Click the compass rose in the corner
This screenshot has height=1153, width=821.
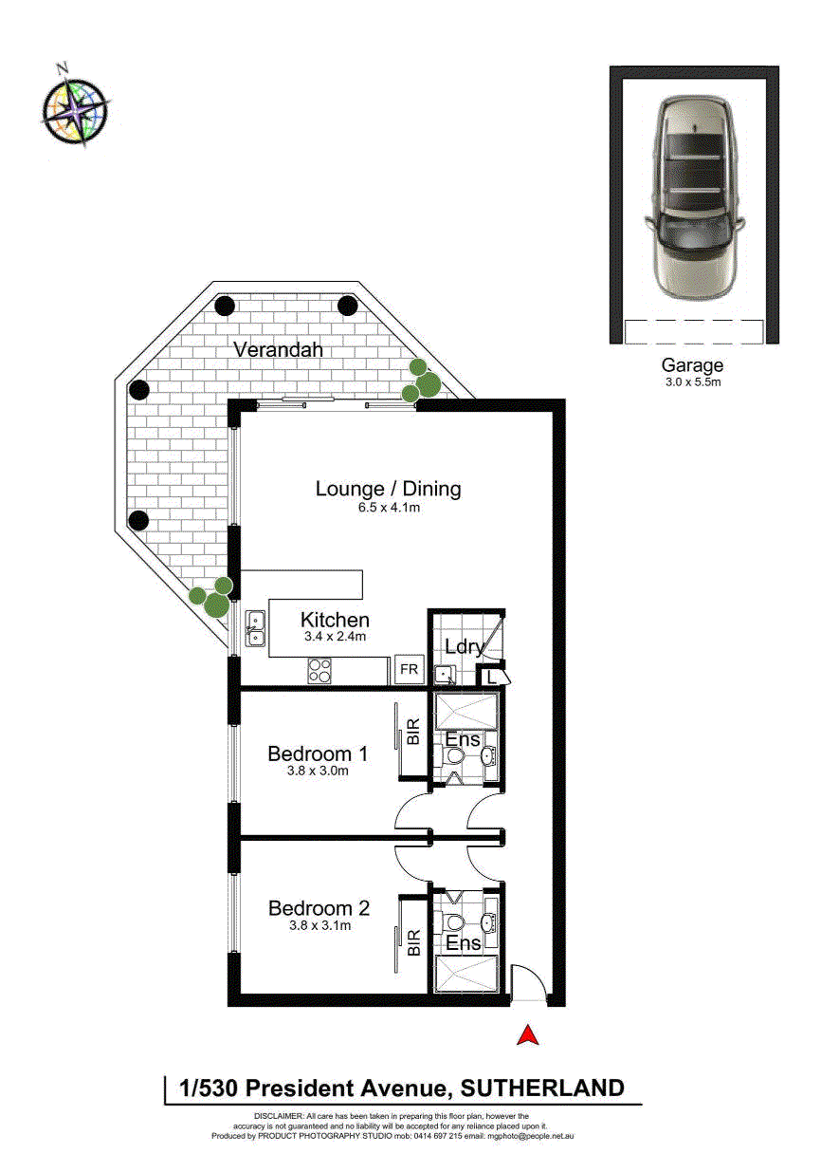tap(76, 108)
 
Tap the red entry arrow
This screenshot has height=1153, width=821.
tap(527, 1034)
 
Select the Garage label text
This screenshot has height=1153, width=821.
tap(692, 365)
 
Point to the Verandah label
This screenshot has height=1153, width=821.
tap(278, 350)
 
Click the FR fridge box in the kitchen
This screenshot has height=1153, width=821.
tap(410, 669)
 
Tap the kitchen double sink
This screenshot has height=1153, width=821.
tap(255, 628)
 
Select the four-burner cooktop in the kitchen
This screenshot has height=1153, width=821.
tap(319, 671)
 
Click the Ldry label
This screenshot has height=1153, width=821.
tap(464, 647)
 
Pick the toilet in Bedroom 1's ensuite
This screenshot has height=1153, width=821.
tap(452, 756)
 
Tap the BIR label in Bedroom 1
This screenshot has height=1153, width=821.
tap(413, 732)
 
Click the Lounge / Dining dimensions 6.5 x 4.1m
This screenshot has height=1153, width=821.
tap(389, 508)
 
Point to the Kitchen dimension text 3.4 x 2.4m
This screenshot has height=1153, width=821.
tap(335, 636)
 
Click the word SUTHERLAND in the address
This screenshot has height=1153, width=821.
tap(542, 1088)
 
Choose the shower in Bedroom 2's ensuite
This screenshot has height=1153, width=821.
tap(466, 974)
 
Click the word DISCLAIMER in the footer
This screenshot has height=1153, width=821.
tap(278, 1116)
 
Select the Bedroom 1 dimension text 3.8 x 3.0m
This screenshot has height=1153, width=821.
tap(318, 771)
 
